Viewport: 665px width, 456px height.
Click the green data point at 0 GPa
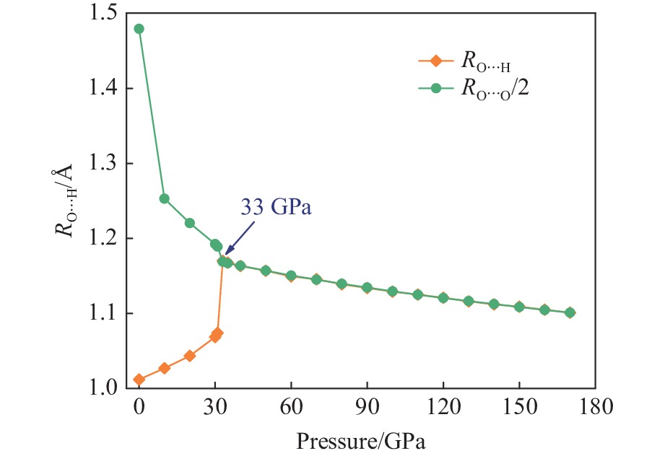click(x=139, y=29)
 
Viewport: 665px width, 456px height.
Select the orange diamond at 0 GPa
click(x=139, y=380)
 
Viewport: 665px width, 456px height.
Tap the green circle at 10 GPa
click(x=165, y=198)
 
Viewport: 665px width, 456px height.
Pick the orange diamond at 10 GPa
click(x=165, y=368)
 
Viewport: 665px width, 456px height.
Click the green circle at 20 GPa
click(x=190, y=223)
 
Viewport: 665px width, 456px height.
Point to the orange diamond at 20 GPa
click(x=190, y=356)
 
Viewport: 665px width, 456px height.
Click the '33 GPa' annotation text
click(x=276, y=209)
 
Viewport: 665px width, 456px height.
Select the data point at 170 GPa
click(x=570, y=312)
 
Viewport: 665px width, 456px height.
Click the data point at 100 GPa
click(x=392, y=291)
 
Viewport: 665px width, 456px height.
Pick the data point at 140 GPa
click(x=494, y=304)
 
